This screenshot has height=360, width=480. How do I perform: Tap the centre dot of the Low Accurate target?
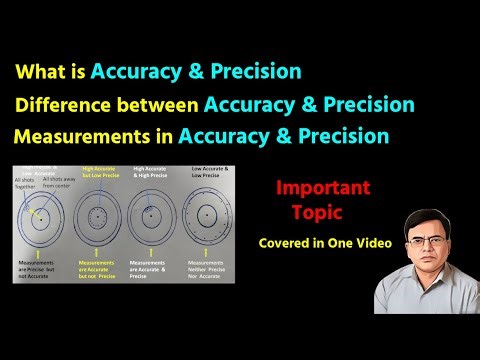tap(207, 216)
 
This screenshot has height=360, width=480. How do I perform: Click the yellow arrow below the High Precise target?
tap(150, 251)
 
